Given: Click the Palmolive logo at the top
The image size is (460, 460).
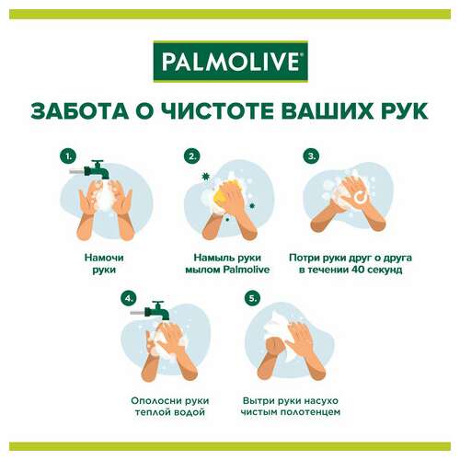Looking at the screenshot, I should [229, 63].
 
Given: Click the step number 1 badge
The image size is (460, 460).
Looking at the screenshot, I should [67, 155].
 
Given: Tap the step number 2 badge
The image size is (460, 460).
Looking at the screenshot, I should [192, 155].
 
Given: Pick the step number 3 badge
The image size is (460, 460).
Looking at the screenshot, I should [312, 155].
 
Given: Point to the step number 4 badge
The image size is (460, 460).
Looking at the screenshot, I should [129, 298].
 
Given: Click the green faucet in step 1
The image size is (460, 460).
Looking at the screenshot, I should [94, 171].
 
